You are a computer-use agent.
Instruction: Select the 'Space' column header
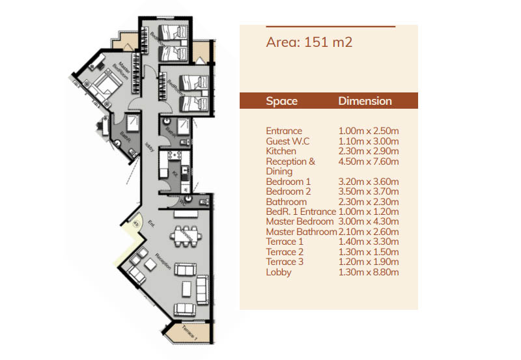pyautogui.click(x=281, y=101)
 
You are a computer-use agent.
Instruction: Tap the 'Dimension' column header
pyautogui.click(x=365, y=101)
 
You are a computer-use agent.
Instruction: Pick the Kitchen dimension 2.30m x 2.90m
pyautogui.click(x=368, y=151)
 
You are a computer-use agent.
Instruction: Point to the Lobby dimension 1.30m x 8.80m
pyautogui.click(x=368, y=272)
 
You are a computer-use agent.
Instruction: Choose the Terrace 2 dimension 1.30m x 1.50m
pyautogui.click(x=368, y=252)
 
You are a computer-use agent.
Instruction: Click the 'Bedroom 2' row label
pyautogui.click(x=289, y=191)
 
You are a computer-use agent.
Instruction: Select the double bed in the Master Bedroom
pyautogui.click(x=108, y=84)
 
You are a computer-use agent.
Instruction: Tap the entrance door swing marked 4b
pyautogui.click(x=136, y=225)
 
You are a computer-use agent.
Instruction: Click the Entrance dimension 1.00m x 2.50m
pyautogui.click(x=368, y=131)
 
